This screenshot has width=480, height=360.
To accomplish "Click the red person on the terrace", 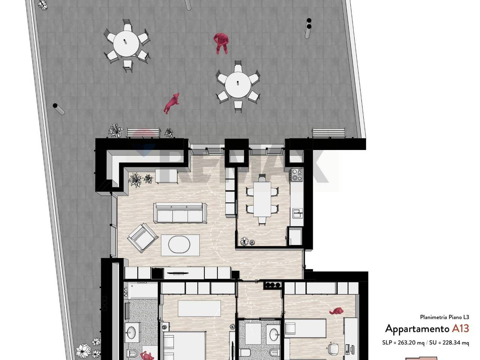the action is point(221,43).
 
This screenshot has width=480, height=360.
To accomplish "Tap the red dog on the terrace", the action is point(172,103).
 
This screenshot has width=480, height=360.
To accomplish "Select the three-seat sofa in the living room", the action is point(180,213).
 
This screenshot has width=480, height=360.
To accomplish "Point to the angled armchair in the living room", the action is point(143,238).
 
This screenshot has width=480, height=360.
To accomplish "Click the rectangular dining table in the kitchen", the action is point(262,199).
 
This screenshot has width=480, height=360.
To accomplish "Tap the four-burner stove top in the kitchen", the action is point(297,175).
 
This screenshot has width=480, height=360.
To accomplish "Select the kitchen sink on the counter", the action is point(298,213).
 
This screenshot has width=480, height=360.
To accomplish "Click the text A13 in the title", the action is point(460,328).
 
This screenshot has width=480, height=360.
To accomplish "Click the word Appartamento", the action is point(417,329).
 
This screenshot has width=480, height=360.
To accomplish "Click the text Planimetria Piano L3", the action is point(444,317).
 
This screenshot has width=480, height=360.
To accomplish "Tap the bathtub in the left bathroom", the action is point(143,290).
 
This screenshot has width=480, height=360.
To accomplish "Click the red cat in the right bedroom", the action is point(336,311).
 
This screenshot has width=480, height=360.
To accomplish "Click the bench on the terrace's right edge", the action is point(329,133).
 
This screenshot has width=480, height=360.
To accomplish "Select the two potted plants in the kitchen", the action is point(247,241).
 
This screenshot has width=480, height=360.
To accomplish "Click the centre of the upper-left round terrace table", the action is point(126,44).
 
